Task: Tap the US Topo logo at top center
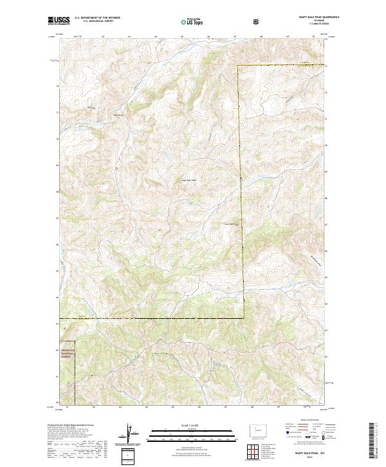[x=193, y=22]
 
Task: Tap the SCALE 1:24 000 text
[x=192, y=426]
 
